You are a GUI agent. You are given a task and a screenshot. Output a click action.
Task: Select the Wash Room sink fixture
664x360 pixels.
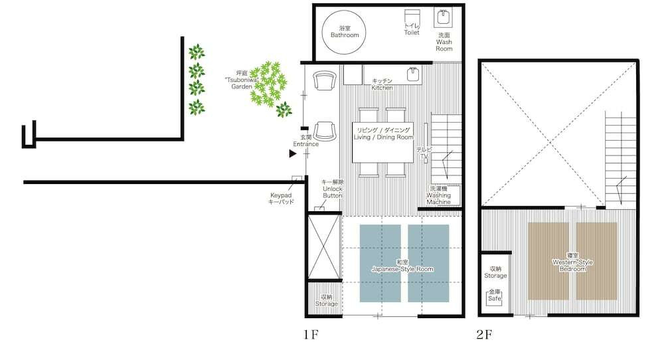coord(444,17)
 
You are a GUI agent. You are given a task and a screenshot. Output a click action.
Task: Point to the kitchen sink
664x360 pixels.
coord(414,74)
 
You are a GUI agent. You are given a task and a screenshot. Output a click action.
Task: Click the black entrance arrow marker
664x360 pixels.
coord(293,153)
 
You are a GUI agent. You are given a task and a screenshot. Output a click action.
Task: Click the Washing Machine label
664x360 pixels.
coord(439,195)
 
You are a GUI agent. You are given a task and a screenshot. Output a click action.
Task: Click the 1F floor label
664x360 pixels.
coord(311,335)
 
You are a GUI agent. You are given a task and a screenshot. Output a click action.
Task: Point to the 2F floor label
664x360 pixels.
coord(484,335)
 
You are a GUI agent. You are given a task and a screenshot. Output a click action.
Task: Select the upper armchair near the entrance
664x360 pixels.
coord(325,80)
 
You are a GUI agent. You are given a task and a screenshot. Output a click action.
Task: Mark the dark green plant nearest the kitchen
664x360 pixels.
coord(284,110)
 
